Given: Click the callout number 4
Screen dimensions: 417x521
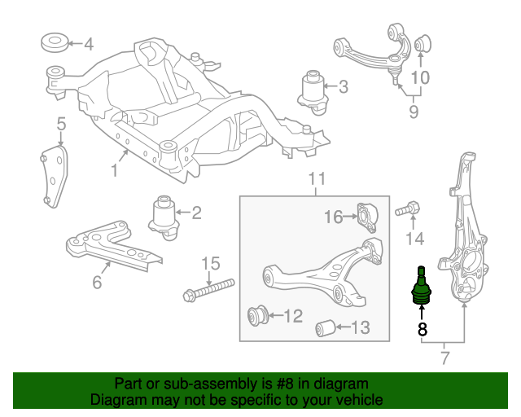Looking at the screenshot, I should click(89, 44).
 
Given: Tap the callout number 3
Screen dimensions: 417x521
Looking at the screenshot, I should click(343, 86).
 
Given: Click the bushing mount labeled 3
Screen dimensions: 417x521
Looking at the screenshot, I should click(311, 88).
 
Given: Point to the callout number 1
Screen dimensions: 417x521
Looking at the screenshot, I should click(115, 171).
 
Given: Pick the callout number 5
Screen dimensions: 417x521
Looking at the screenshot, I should click(61, 125).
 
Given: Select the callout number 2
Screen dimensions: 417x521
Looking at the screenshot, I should click(196, 213).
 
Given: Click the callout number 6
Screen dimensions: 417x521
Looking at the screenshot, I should click(97, 283).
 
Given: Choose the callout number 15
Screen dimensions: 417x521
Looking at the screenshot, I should click(211, 263).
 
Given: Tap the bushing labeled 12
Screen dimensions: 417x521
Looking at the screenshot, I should click(258, 314).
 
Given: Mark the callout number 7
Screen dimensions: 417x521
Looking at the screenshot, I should click(445, 356).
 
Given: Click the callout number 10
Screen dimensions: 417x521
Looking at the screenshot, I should click(419, 78).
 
